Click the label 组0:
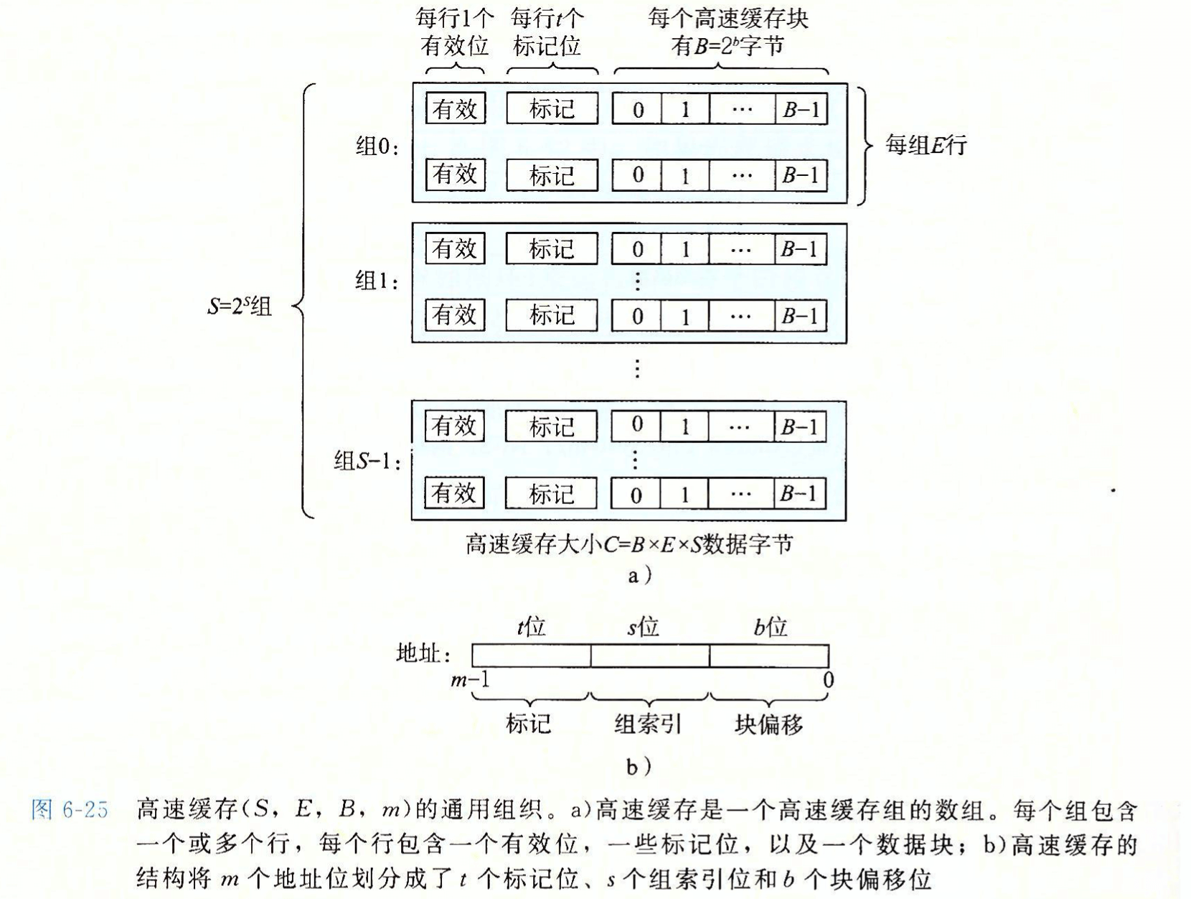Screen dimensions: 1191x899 click(x=377, y=146)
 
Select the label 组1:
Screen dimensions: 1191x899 click(x=377, y=281)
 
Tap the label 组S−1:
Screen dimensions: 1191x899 click(x=367, y=461)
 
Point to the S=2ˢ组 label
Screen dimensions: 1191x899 click(x=240, y=307)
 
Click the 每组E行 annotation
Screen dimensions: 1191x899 click(x=926, y=145)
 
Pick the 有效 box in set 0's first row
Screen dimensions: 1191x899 click(x=456, y=108)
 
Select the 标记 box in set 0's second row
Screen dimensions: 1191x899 click(x=552, y=174)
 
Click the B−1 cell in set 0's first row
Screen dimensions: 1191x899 click(x=801, y=108)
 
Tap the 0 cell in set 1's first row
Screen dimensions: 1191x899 click(x=637, y=249)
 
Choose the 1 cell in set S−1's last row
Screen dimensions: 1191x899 click(x=684, y=493)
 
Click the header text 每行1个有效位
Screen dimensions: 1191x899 click(x=455, y=32)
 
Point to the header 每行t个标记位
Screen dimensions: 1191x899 click(x=547, y=32)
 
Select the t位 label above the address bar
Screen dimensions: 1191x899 click(x=531, y=627)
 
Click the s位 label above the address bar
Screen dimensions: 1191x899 click(x=643, y=627)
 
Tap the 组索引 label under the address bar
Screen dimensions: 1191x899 click(x=647, y=723)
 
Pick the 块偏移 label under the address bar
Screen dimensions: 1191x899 click(x=769, y=723)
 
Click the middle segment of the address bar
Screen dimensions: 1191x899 click(x=650, y=656)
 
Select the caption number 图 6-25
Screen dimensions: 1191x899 click(x=70, y=809)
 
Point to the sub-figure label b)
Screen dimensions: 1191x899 click(x=639, y=767)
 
